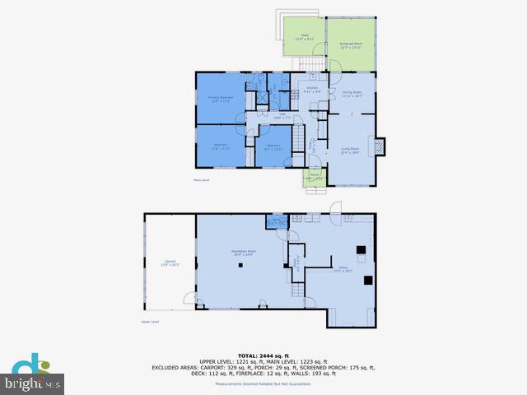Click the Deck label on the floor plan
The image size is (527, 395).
pos(304,37)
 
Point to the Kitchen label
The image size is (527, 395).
pos(312,89)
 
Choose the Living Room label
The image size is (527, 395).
pos(351,151)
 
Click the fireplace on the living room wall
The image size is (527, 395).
pos(379,147)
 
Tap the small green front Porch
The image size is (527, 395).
pos(315,176)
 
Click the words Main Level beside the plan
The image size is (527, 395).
pos(202,179)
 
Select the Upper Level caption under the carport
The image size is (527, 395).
pos(150,322)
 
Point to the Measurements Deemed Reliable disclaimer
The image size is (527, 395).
pos(263,383)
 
